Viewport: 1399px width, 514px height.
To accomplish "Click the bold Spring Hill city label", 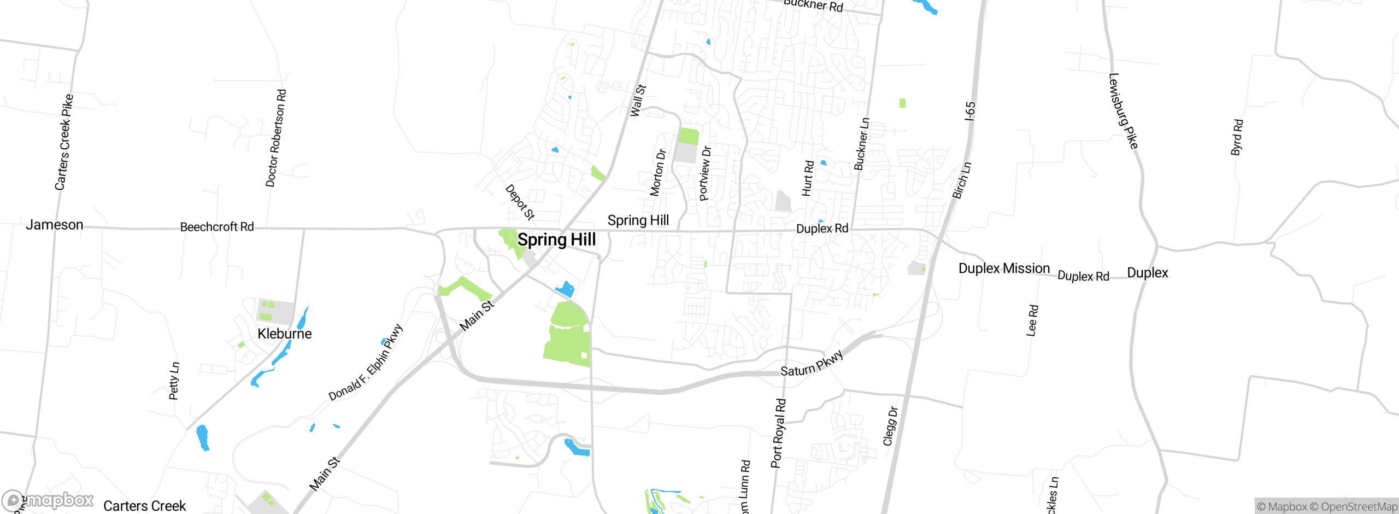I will pyautogui.click(x=556, y=240).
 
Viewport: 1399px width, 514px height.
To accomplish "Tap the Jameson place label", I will pyautogui.click(x=55, y=225).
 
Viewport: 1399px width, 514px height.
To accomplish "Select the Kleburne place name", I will pyautogui.click(x=284, y=334).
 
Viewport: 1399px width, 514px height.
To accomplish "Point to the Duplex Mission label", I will pyautogui.click(x=1004, y=268).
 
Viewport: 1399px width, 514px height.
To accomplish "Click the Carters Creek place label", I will pyautogui.click(x=145, y=506).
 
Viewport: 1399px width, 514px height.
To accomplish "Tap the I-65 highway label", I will pyautogui.click(x=970, y=111).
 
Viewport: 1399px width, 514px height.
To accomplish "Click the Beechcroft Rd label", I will pyautogui.click(x=217, y=227).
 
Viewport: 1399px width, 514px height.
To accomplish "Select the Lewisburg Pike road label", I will pyautogui.click(x=1123, y=111).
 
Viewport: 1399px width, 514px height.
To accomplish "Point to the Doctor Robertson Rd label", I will pyautogui.click(x=276, y=138).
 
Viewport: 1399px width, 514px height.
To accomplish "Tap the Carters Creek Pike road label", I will pyautogui.click(x=64, y=142).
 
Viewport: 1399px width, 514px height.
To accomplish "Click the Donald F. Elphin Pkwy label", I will pyautogui.click(x=366, y=362).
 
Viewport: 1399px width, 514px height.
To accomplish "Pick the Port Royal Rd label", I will pyautogui.click(x=778, y=433).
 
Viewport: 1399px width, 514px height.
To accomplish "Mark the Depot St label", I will pyautogui.click(x=520, y=202).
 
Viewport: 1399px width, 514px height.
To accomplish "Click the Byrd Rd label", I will pyautogui.click(x=1237, y=137).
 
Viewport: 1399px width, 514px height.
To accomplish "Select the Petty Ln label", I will pyautogui.click(x=174, y=381).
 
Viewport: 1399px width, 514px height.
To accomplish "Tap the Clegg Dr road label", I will pyautogui.click(x=890, y=426).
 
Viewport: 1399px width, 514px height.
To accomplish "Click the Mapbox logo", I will pyautogui.click(x=48, y=500).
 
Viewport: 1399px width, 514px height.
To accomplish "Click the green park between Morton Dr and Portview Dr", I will pyautogui.click(x=688, y=136).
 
